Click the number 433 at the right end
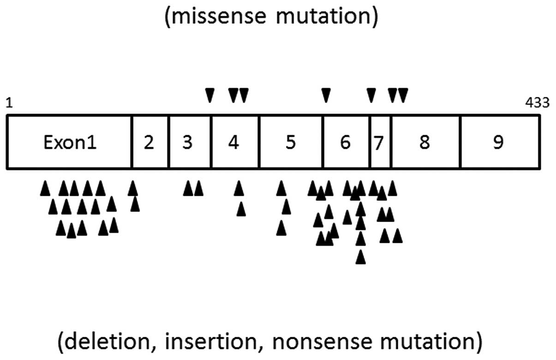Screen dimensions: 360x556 [x=538, y=102]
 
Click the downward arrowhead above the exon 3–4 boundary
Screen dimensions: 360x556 [x=210, y=95]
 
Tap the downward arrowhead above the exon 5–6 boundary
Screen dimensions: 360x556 [x=326, y=95]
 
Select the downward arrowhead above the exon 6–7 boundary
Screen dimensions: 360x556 [x=371, y=95]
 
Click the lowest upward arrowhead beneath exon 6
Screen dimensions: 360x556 [x=361, y=257]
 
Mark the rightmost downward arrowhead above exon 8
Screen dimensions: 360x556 [x=403, y=95]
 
